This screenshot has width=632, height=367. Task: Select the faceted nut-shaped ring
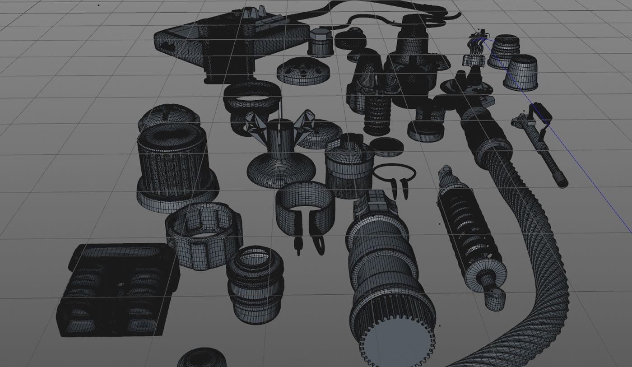[203, 235]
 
